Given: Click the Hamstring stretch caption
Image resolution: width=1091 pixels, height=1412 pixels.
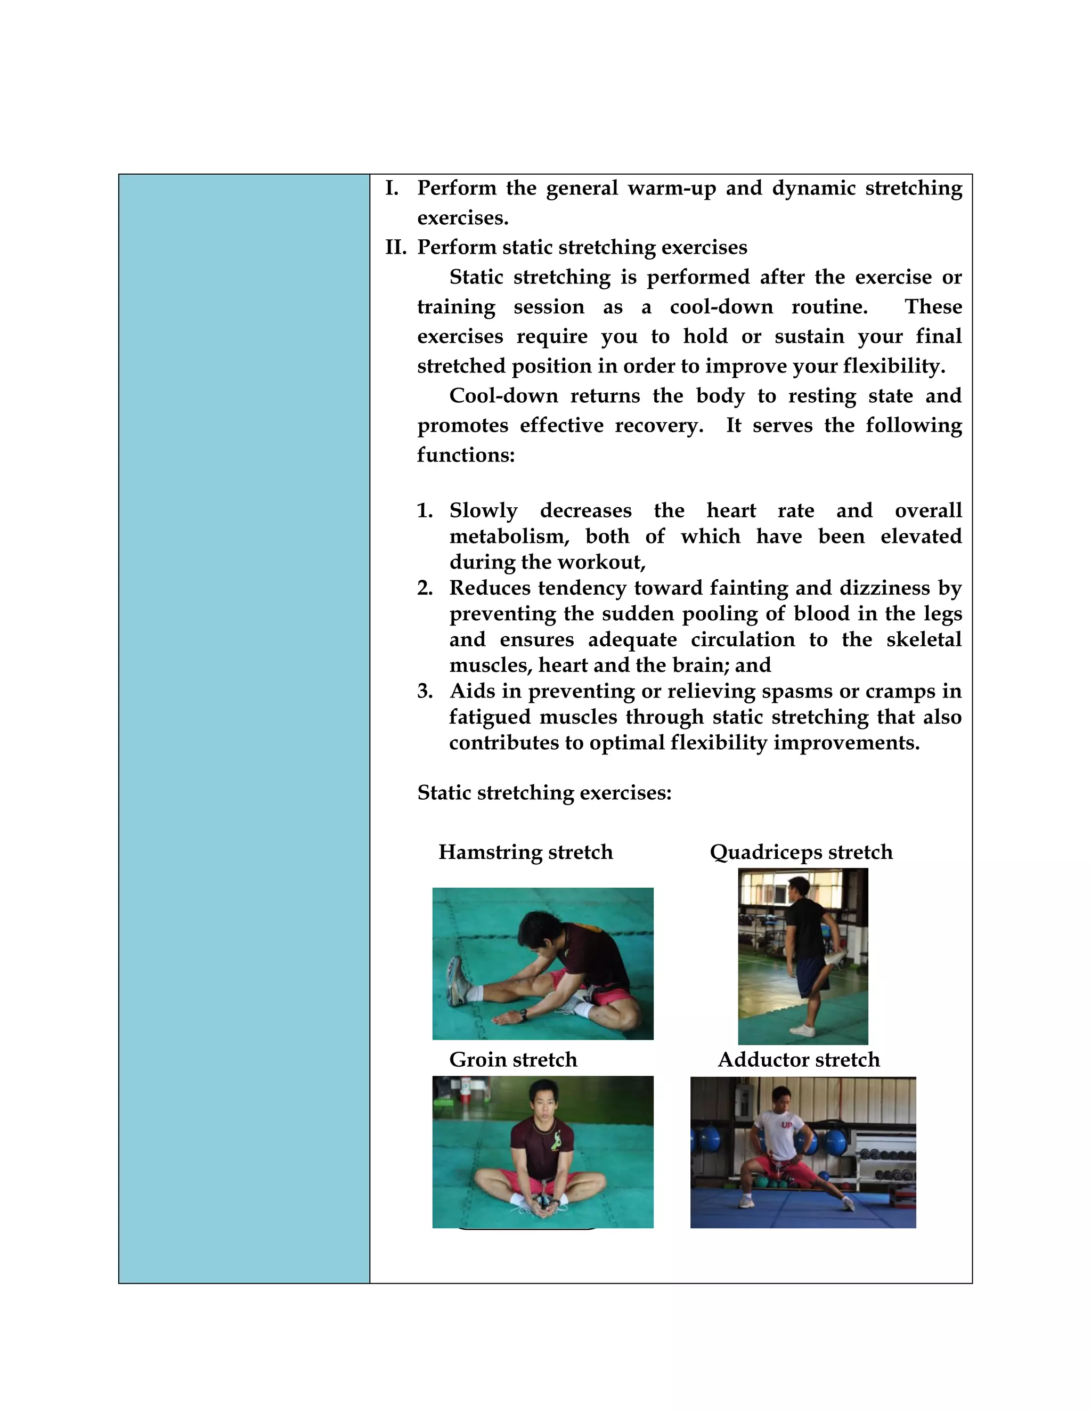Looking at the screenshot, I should tap(525, 852).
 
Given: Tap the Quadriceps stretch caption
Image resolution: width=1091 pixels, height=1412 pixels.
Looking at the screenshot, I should tap(801, 852).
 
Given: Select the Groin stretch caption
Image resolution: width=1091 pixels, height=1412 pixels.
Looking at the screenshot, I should tap(513, 1060).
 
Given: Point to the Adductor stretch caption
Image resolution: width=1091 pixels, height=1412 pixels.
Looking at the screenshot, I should tap(799, 1060).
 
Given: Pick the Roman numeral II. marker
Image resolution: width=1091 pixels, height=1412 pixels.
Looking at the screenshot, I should tap(396, 248).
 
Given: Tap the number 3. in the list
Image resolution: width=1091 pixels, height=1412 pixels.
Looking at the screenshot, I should tap(425, 691).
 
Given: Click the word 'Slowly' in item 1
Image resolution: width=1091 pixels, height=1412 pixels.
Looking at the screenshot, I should tap(484, 511).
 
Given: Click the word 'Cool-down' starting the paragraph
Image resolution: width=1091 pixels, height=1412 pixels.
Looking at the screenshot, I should tap(503, 396).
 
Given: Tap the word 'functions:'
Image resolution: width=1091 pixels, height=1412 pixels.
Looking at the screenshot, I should tap(466, 455).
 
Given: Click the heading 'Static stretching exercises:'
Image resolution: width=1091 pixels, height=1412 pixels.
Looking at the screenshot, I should tap(544, 793).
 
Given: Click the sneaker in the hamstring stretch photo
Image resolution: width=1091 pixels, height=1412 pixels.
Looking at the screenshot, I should tap(457, 981).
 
